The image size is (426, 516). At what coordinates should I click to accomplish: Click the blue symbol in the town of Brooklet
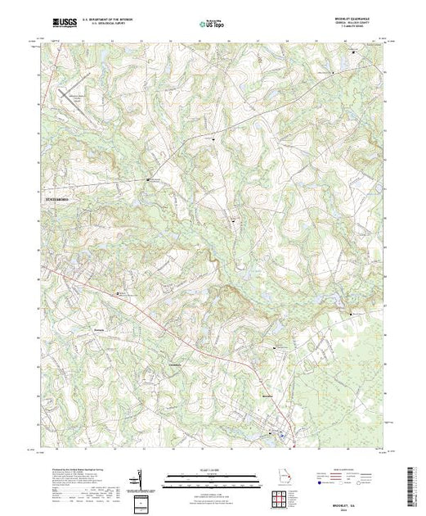click(282, 434)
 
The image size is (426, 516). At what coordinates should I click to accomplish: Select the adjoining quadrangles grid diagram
click(281, 498)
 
